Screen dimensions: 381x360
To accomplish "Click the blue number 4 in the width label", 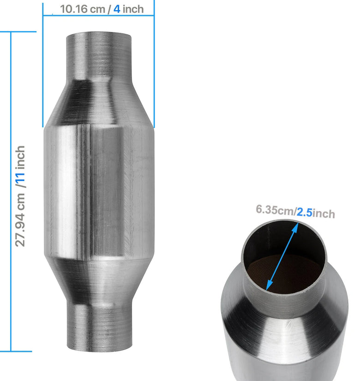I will point(117,9).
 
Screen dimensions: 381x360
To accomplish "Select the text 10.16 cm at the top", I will point(82,9).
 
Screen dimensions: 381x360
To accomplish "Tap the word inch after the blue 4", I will point(133,9).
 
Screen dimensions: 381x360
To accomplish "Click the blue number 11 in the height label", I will point(21,178).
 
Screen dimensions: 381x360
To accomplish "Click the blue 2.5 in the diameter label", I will point(305,212).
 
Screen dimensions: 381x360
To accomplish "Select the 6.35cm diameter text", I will point(275,210).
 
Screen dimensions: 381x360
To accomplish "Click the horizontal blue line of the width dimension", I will point(98,16).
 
